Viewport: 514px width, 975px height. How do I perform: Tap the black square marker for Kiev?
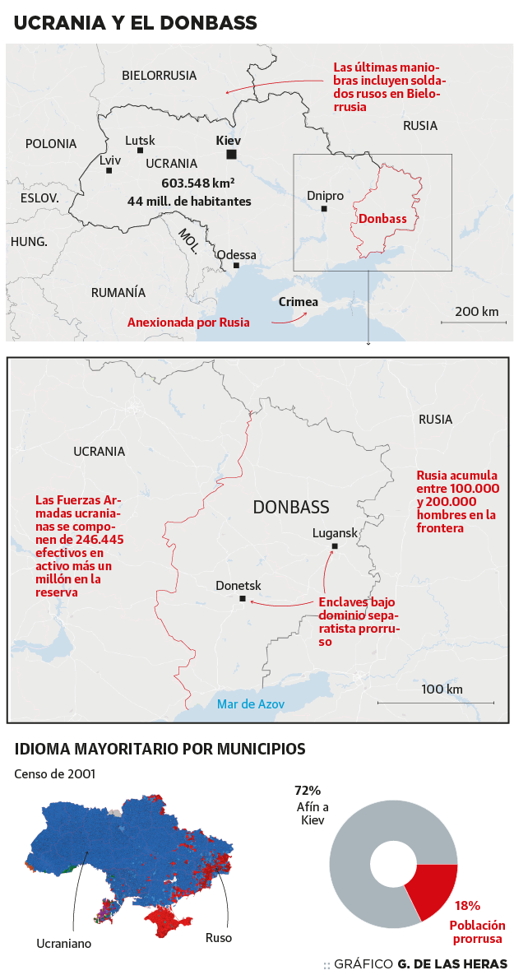[232, 155]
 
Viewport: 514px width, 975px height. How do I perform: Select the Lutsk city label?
[140, 141]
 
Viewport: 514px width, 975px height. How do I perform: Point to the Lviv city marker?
[109, 170]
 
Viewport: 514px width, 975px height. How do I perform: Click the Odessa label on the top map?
[237, 255]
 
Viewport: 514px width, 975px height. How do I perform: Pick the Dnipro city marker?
[324, 209]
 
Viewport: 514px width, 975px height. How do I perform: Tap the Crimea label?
[298, 302]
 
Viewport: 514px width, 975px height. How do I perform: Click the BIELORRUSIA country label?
[160, 76]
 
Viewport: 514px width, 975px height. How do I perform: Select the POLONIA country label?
[51, 144]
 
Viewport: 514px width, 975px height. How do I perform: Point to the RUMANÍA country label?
[118, 292]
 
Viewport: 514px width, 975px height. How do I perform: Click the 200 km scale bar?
[476, 322]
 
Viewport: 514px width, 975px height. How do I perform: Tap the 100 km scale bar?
[436, 702]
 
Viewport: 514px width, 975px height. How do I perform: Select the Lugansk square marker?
[335, 546]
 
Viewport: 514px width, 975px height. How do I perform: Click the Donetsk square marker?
[242, 599]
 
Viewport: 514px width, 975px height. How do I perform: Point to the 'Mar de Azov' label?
[251, 704]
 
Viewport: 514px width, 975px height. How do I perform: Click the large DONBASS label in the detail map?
[291, 507]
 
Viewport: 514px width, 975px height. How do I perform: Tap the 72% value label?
[308, 791]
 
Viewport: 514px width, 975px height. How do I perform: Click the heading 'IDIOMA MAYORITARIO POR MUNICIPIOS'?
[160, 750]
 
